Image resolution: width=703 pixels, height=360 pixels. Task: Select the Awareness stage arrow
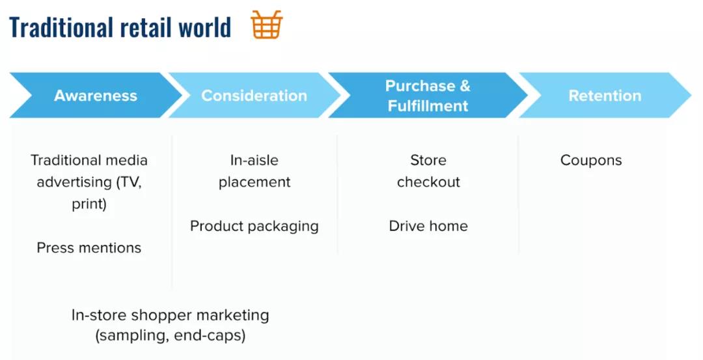[96, 95]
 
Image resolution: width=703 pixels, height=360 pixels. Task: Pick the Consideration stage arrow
[255, 95]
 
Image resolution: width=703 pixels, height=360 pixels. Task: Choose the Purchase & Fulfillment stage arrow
[428, 95]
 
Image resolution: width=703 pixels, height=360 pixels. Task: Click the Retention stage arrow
[605, 95]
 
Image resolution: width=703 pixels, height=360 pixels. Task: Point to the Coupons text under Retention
[591, 160]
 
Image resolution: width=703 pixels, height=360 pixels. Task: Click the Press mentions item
[89, 247]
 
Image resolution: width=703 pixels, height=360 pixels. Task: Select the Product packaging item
[255, 226]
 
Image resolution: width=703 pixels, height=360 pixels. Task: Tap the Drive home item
[428, 225]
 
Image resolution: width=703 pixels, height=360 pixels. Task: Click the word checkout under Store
[428, 182]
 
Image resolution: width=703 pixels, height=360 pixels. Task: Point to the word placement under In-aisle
[255, 182]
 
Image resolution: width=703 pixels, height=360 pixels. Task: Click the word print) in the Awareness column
[89, 204]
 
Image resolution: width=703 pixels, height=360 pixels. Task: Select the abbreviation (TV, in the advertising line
[129, 182]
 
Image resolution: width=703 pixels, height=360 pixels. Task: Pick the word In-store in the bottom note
[99, 314]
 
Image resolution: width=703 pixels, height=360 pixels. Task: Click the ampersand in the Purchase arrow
[465, 85]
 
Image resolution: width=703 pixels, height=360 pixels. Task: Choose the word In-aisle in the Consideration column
[255, 160]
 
